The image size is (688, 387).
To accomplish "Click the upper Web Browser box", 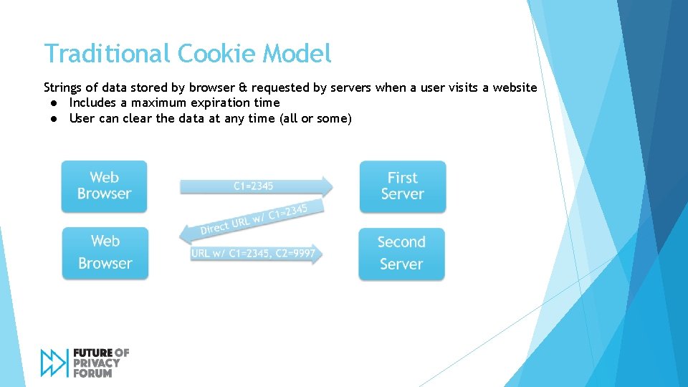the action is (104, 186).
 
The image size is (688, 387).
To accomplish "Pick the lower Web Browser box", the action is (105, 252).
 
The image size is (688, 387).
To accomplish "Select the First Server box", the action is (402, 186).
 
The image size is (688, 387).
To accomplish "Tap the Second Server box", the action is (401, 253).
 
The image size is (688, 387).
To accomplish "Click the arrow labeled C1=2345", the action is (255, 186).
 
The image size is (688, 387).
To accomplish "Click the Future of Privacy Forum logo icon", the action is (54, 363).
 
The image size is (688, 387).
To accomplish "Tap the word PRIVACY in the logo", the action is (97, 363).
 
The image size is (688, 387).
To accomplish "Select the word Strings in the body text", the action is (63, 87).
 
